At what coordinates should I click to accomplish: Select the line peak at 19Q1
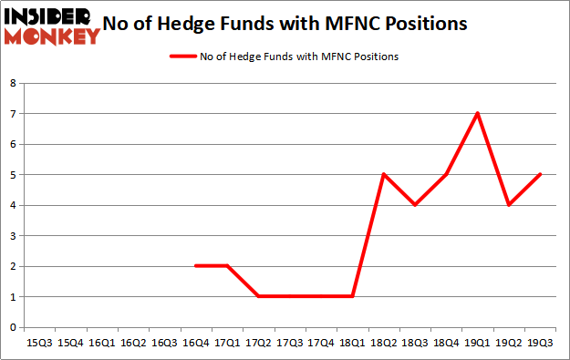tap(477, 113)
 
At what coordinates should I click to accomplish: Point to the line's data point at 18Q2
tap(383, 174)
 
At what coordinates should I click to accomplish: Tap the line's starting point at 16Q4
tap(195, 265)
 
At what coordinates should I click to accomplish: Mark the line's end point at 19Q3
tap(540, 174)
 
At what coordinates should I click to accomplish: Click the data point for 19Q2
tap(509, 204)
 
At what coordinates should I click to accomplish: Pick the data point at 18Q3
tap(415, 204)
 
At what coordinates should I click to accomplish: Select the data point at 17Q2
tap(258, 296)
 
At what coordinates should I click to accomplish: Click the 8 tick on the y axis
tap(13, 83)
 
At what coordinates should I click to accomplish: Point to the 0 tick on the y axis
tap(13, 326)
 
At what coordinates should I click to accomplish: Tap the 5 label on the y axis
tap(13, 174)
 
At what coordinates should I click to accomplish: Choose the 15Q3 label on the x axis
tap(39, 343)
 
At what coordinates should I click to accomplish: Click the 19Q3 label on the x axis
tap(540, 343)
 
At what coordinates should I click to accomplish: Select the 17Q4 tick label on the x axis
tap(321, 343)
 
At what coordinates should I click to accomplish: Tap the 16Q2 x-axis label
tap(133, 343)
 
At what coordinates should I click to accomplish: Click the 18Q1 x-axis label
tap(352, 343)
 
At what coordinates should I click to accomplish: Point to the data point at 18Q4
tap(446, 174)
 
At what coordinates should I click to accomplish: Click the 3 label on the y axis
tap(13, 235)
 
